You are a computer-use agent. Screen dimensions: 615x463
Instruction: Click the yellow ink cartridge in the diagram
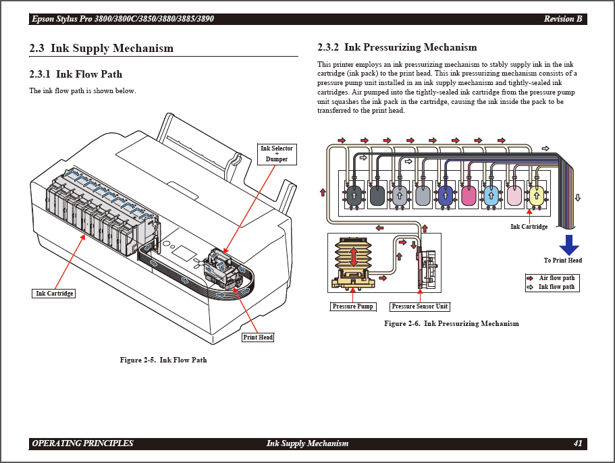click(537, 196)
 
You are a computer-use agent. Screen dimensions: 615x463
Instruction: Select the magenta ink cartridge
click(469, 196)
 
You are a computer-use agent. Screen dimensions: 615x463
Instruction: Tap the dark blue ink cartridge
click(446, 196)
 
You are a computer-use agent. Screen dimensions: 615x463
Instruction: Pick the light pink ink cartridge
click(514, 196)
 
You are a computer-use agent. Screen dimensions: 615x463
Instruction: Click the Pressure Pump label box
click(352, 306)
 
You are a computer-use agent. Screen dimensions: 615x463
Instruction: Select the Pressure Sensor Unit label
click(419, 306)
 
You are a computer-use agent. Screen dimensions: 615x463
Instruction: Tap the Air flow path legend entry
click(556, 278)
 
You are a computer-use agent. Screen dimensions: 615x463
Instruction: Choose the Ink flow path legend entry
click(556, 287)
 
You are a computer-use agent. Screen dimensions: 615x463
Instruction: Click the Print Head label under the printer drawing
click(258, 337)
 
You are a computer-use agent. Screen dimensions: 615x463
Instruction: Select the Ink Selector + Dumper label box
click(276, 154)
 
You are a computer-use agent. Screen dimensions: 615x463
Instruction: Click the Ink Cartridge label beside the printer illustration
click(55, 294)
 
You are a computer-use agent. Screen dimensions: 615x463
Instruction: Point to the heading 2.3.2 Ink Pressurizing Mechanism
click(397, 47)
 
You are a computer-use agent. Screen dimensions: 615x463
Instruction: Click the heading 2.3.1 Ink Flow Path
click(76, 74)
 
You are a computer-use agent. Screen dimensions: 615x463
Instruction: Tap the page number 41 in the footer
click(578, 443)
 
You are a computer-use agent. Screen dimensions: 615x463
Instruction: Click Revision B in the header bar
click(562, 19)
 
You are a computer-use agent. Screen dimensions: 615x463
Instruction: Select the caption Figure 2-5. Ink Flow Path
click(163, 360)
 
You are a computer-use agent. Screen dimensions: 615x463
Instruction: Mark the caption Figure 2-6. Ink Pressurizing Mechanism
click(451, 323)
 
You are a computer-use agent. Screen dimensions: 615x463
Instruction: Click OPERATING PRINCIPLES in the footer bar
click(82, 443)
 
